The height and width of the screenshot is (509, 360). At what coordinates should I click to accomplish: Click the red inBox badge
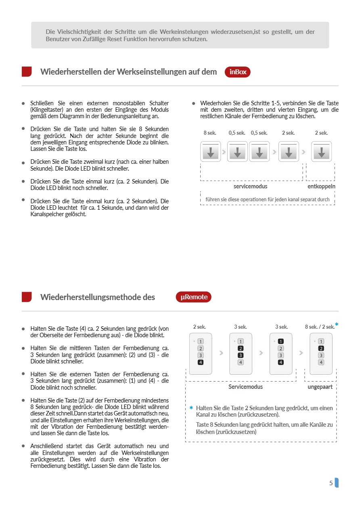coord(237,72)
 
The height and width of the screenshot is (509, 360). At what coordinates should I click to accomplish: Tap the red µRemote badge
coord(193,297)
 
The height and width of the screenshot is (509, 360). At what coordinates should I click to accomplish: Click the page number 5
coord(331,483)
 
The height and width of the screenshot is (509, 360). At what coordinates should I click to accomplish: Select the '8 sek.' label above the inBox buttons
coord(210,133)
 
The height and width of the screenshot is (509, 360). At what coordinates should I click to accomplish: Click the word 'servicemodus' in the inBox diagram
coord(250,186)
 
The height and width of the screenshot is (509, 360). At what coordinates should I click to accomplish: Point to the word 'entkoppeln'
coord(321,186)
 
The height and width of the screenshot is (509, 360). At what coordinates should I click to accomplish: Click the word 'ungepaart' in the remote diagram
coord(320,387)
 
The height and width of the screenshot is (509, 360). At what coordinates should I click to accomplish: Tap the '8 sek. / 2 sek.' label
coord(320,327)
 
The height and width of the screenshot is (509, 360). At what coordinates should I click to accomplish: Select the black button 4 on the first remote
coord(201,362)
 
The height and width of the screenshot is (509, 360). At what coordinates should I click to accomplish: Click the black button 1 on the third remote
coord(281,342)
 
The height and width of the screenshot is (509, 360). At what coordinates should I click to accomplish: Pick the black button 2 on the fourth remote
coord(321,348)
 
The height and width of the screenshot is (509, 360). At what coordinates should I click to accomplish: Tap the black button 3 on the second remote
coord(241,355)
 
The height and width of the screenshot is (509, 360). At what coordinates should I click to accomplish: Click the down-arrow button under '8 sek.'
coord(211,152)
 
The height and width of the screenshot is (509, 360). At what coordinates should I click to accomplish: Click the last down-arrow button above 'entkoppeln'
coord(322,152)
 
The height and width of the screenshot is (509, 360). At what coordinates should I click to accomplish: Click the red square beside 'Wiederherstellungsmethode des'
coord(27,297)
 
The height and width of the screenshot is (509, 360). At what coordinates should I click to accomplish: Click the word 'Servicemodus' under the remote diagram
coord(245,387)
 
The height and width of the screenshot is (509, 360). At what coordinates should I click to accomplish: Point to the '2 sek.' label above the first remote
coord(199,327)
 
